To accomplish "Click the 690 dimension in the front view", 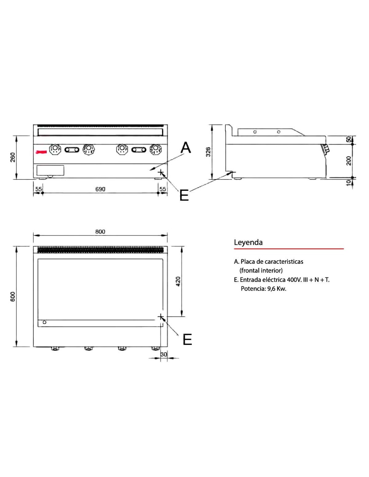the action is coord(100,189).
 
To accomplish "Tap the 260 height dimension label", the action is coord(13,157).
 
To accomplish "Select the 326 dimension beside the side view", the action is coord(208,152).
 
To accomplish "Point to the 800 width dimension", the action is coord(100,231).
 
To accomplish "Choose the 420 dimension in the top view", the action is coord(178,281).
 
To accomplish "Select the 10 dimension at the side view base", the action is coord(349,183).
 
